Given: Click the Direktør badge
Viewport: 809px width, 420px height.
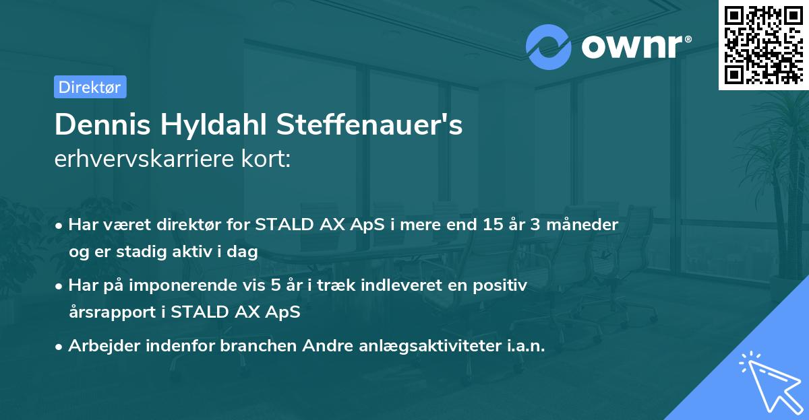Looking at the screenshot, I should tap(90, 87).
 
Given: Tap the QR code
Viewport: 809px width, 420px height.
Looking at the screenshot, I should tap(763, 45).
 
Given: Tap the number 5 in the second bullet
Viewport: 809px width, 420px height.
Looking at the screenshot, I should tap(276, 285).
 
